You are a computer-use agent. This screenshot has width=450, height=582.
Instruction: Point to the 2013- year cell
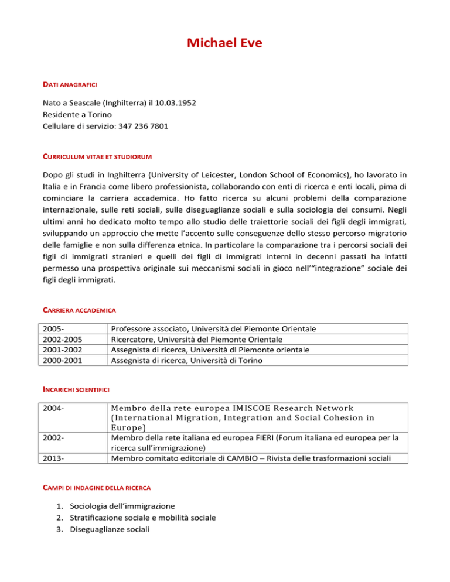tap(56, 458)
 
